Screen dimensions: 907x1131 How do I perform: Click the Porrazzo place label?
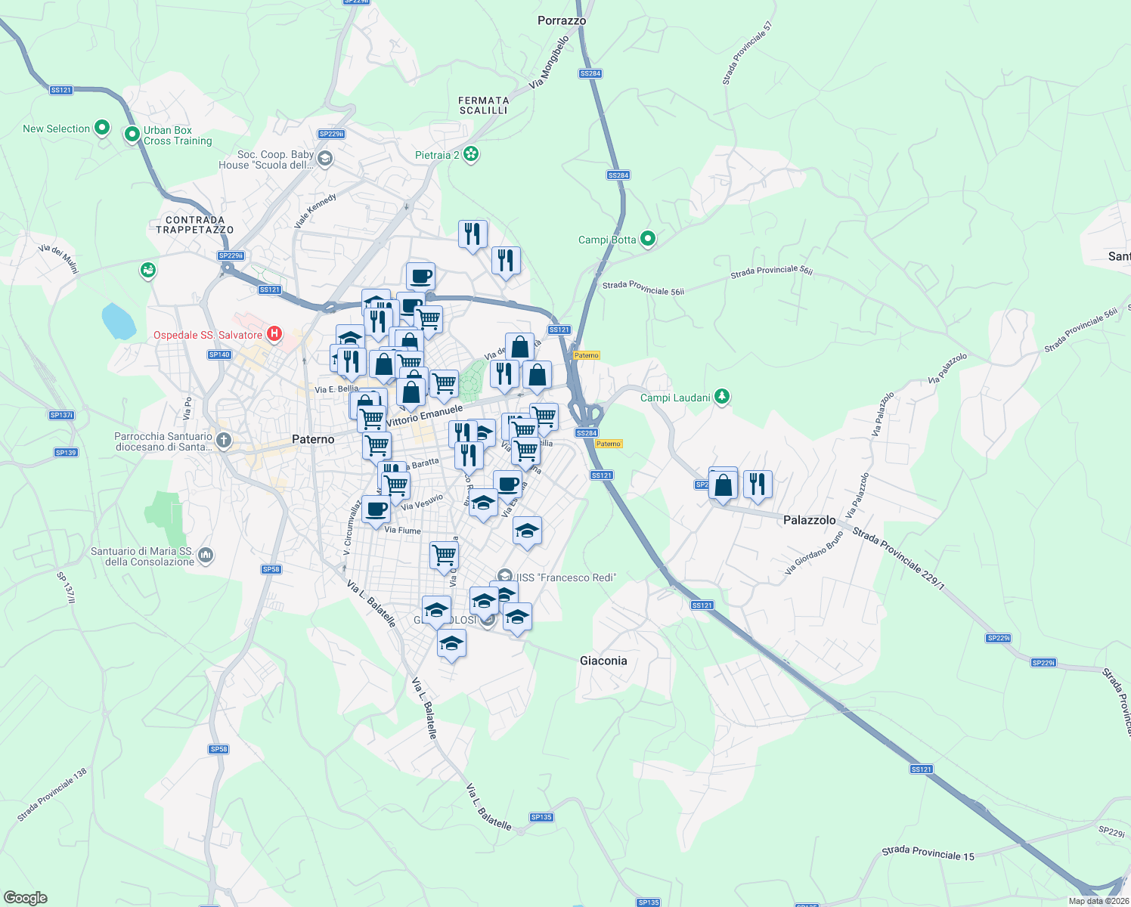tap(562, 20)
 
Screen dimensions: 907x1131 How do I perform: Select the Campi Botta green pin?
tap(647, 239)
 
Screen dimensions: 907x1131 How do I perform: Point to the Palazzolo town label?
tap(809, 520)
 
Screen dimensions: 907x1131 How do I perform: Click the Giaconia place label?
tap(603, 661)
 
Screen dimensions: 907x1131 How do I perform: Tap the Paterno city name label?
tap(313, 439)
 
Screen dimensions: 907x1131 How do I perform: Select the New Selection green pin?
tap(101, 128)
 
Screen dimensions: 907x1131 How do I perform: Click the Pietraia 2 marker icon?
tap(471, 154)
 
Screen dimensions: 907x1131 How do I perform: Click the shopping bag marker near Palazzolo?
tap(724, 486)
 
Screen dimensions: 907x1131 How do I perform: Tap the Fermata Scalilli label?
tap(484, 105)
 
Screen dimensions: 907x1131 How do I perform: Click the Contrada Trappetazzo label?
tap(195, 224)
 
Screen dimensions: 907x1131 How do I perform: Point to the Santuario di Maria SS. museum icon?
tap(206, 556)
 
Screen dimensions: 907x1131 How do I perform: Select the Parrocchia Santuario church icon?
tap(224, 440)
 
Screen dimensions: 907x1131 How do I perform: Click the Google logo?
tap(26, 898)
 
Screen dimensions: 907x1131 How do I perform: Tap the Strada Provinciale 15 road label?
tap(928, 853)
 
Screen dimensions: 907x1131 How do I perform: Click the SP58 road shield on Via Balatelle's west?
tap(271, 569)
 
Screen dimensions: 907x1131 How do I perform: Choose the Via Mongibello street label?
tap(549, 63)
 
